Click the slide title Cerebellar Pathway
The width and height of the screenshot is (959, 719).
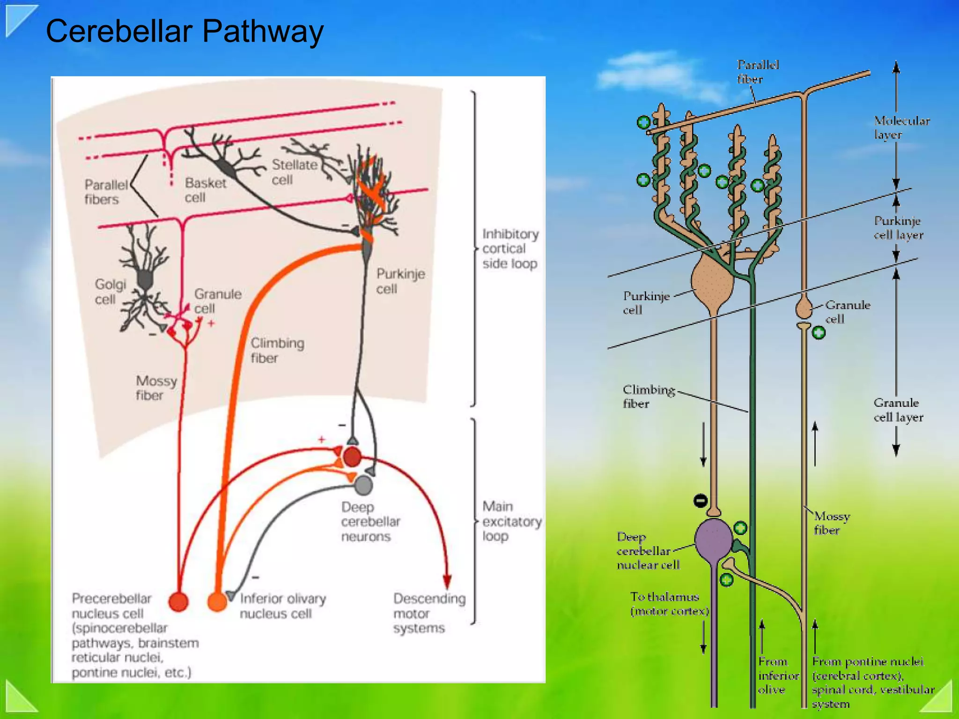pyautogui.click(x=184, y=32)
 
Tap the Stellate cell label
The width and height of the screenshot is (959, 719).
pyautogui.click(x=294, y=172)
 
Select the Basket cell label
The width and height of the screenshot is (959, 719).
pyautogui.click(x=205, y=190)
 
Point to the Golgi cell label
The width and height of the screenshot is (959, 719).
pyautogui.click(x=110, y=292)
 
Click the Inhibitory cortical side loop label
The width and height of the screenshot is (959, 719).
pyautogui.click(x=510, y=249)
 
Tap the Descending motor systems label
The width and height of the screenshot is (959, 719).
pyautogui.click(x=429, y=613)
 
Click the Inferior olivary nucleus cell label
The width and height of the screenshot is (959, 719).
pyautogui.click(x=282, y=606)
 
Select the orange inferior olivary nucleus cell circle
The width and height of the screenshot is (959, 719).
pyautogui.click(x=217, y=601)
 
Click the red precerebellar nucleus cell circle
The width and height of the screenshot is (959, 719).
pyautogui.click(x=178, y=602)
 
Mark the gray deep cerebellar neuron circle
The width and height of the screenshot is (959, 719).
pyautogui.click(x=363, y=485)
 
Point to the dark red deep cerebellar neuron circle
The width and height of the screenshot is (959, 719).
pyautogui.click(x=352, y=457)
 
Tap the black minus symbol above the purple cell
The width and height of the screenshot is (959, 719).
pyautogui.click(x=701, y=501)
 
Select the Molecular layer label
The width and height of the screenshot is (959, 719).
pyautogui.click(x=901, y=128)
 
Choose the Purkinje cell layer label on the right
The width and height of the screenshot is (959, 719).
pyautogui.click(x=898, y=228)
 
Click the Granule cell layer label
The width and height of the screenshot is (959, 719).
pyautogui.click(x=898, y=410)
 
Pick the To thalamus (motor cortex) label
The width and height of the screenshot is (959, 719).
pyautogui.click(x=669, y=604)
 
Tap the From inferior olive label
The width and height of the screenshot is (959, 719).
pyautogui.click(x=778, y=675)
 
